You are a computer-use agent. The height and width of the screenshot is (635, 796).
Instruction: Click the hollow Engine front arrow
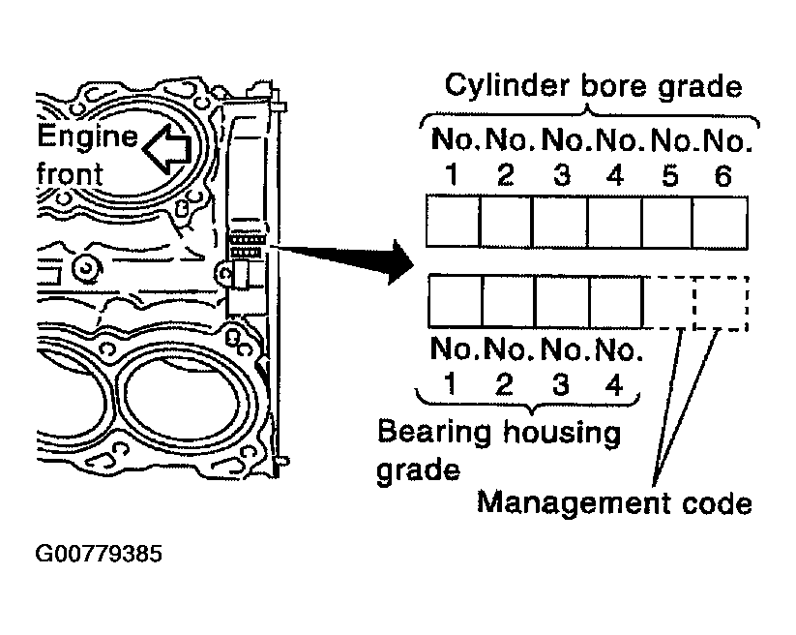click(x=166, y=149)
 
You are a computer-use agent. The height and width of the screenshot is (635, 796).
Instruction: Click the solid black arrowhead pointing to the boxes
click(x=402, y=262)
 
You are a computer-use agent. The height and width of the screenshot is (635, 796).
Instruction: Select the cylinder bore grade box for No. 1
click(x=453, y=222)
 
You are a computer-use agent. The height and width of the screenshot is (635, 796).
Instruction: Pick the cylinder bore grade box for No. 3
click(x=560, y=222)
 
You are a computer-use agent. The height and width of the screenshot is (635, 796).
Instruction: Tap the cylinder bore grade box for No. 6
click(x=720, y=223)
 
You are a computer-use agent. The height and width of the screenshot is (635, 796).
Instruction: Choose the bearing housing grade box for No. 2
click(x=509, y=301)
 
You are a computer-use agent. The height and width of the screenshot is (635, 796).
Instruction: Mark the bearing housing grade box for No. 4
click(x=616, y=301)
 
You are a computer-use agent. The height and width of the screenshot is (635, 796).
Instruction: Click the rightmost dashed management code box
click(x=721, y=303)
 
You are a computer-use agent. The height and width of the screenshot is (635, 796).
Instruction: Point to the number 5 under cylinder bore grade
click(x=669, y=176)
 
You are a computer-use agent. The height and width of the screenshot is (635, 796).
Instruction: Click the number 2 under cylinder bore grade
click(x=505, y=175)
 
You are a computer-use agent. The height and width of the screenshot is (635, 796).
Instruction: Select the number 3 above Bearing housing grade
click(x=560, y=384)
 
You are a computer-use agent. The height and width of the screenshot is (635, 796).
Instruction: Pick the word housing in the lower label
click(x=562, y=434)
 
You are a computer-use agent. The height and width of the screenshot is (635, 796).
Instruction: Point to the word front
click(x=70, y=173)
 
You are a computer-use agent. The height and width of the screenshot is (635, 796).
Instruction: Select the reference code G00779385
click(x=99, y=554)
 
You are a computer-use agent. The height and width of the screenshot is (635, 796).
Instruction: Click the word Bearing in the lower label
click(x=434, y=434)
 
